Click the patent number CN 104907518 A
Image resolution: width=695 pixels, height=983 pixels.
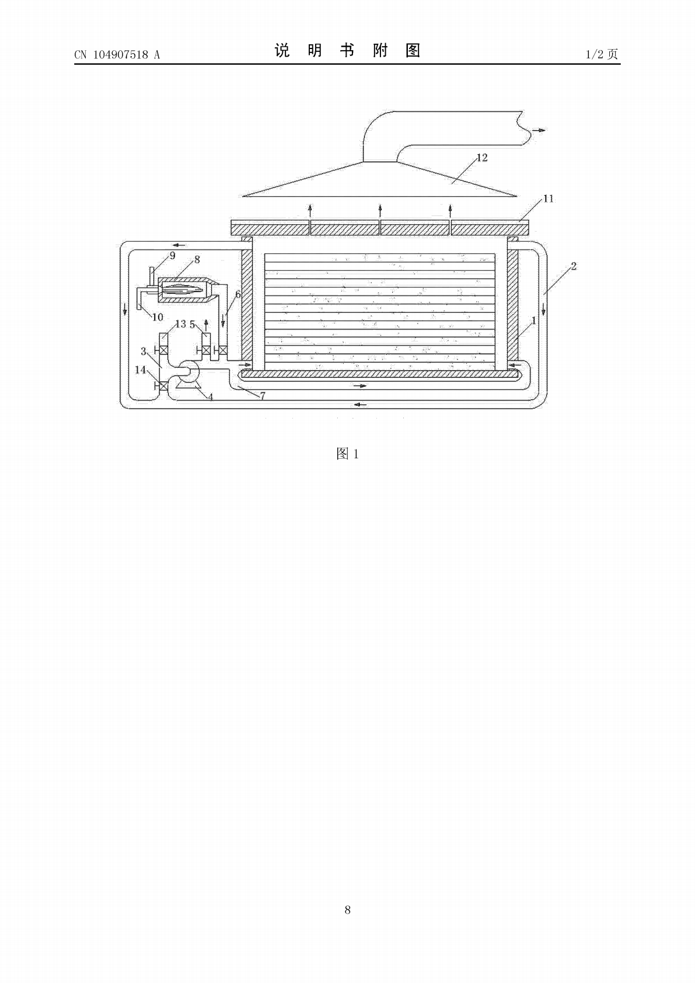coord(117,54)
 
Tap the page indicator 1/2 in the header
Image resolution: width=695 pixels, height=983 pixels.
coord(595,54)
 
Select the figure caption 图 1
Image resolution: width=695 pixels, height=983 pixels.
coord(348,454)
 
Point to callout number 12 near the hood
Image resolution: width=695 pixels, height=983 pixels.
coord(482,158)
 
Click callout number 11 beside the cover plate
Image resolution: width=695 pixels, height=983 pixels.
coord(549,199)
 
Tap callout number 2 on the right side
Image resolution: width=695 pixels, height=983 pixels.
coord(574,266)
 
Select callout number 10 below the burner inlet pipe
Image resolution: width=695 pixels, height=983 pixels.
coord(157,317)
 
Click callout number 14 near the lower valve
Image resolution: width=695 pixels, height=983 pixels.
coord(141,370)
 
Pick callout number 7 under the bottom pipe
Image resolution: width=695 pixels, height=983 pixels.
coord(263,396)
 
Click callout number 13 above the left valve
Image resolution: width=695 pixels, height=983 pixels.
coord(180,325)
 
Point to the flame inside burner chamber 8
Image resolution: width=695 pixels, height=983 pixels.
coord(183,290)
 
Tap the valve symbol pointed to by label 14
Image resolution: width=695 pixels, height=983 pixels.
coord(163,386)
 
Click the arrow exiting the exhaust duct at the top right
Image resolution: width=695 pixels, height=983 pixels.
coord(539,130)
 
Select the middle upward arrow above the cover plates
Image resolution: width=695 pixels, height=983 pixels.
coord(380,211)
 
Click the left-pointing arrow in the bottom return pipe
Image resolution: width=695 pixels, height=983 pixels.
coord(360,404)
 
